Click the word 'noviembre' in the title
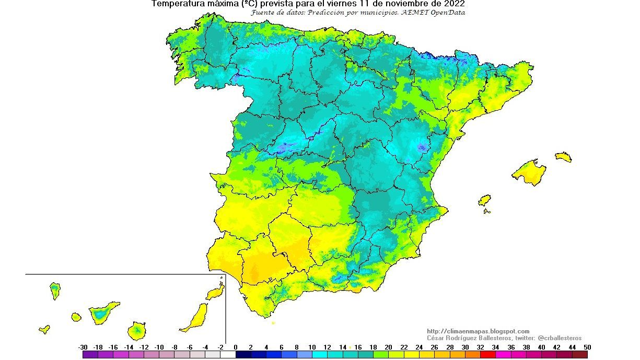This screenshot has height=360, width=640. pyautogui.click(x=400, y=4)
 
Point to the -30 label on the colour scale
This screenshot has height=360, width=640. pyautogui.click(x=83, y=347)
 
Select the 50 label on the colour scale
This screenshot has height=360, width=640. pyautogui.click(x=588, y=347)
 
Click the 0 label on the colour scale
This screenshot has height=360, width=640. pyautogui.click(x=236, y=347)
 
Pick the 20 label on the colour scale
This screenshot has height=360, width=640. pyautogui.click(x=389, y=347)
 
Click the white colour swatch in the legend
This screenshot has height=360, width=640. pyautogui.click(x=228, y=355)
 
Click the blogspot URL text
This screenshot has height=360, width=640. pyautogui.click(x=478, y=331)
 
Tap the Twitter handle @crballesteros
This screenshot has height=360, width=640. pyautogui.click(x=560, y=338)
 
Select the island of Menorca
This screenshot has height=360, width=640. pyautogui.click(x=563, y=157)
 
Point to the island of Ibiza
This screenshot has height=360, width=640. pyautogui.click(x=484, y=201)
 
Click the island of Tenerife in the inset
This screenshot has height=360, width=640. pyautogui.click(x=101, y=313)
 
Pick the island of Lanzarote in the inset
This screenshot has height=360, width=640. pyautogui.click(x=215, y=293)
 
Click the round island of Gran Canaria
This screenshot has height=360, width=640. pyautogui.click(x=136, y=330)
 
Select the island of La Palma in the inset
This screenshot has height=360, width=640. pyautogui.click(x=55, y=290)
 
